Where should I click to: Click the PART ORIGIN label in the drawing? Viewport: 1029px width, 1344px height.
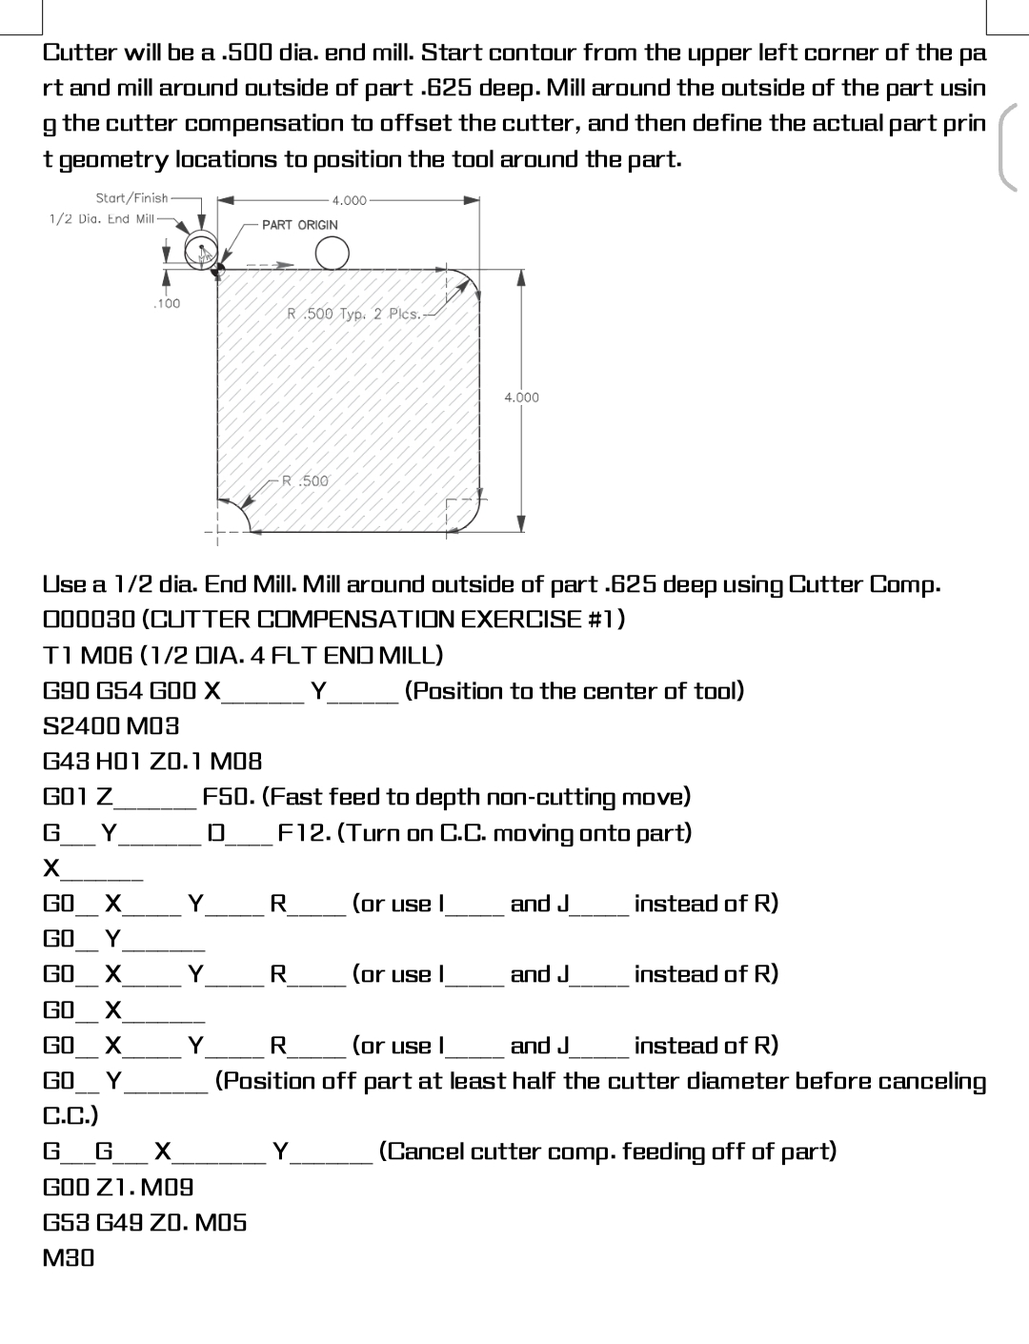click(x=299, y=225)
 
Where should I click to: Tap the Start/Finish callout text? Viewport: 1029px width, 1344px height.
click(x=131, y=198)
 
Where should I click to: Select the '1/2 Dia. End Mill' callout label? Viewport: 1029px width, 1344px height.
click(x=102, y=219)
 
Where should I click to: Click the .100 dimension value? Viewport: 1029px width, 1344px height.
click(x=166, y=303)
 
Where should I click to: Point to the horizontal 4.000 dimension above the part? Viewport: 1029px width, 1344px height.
click(x=349, y=200)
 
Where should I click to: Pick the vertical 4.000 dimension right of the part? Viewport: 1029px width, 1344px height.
click(x=521, y=397)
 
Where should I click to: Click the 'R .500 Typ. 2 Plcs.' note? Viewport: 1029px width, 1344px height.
click(x=353, y=313)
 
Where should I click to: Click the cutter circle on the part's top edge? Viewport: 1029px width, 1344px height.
click(x=332, y=254)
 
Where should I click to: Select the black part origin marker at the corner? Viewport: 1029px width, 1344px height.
click(x=217, y=271)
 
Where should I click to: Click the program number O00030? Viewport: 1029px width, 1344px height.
click(x=90, y=620)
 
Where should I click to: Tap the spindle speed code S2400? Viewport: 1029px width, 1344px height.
click(x=79, y=725)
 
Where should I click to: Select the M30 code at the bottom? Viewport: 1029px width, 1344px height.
click(x=70, y=1257)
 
